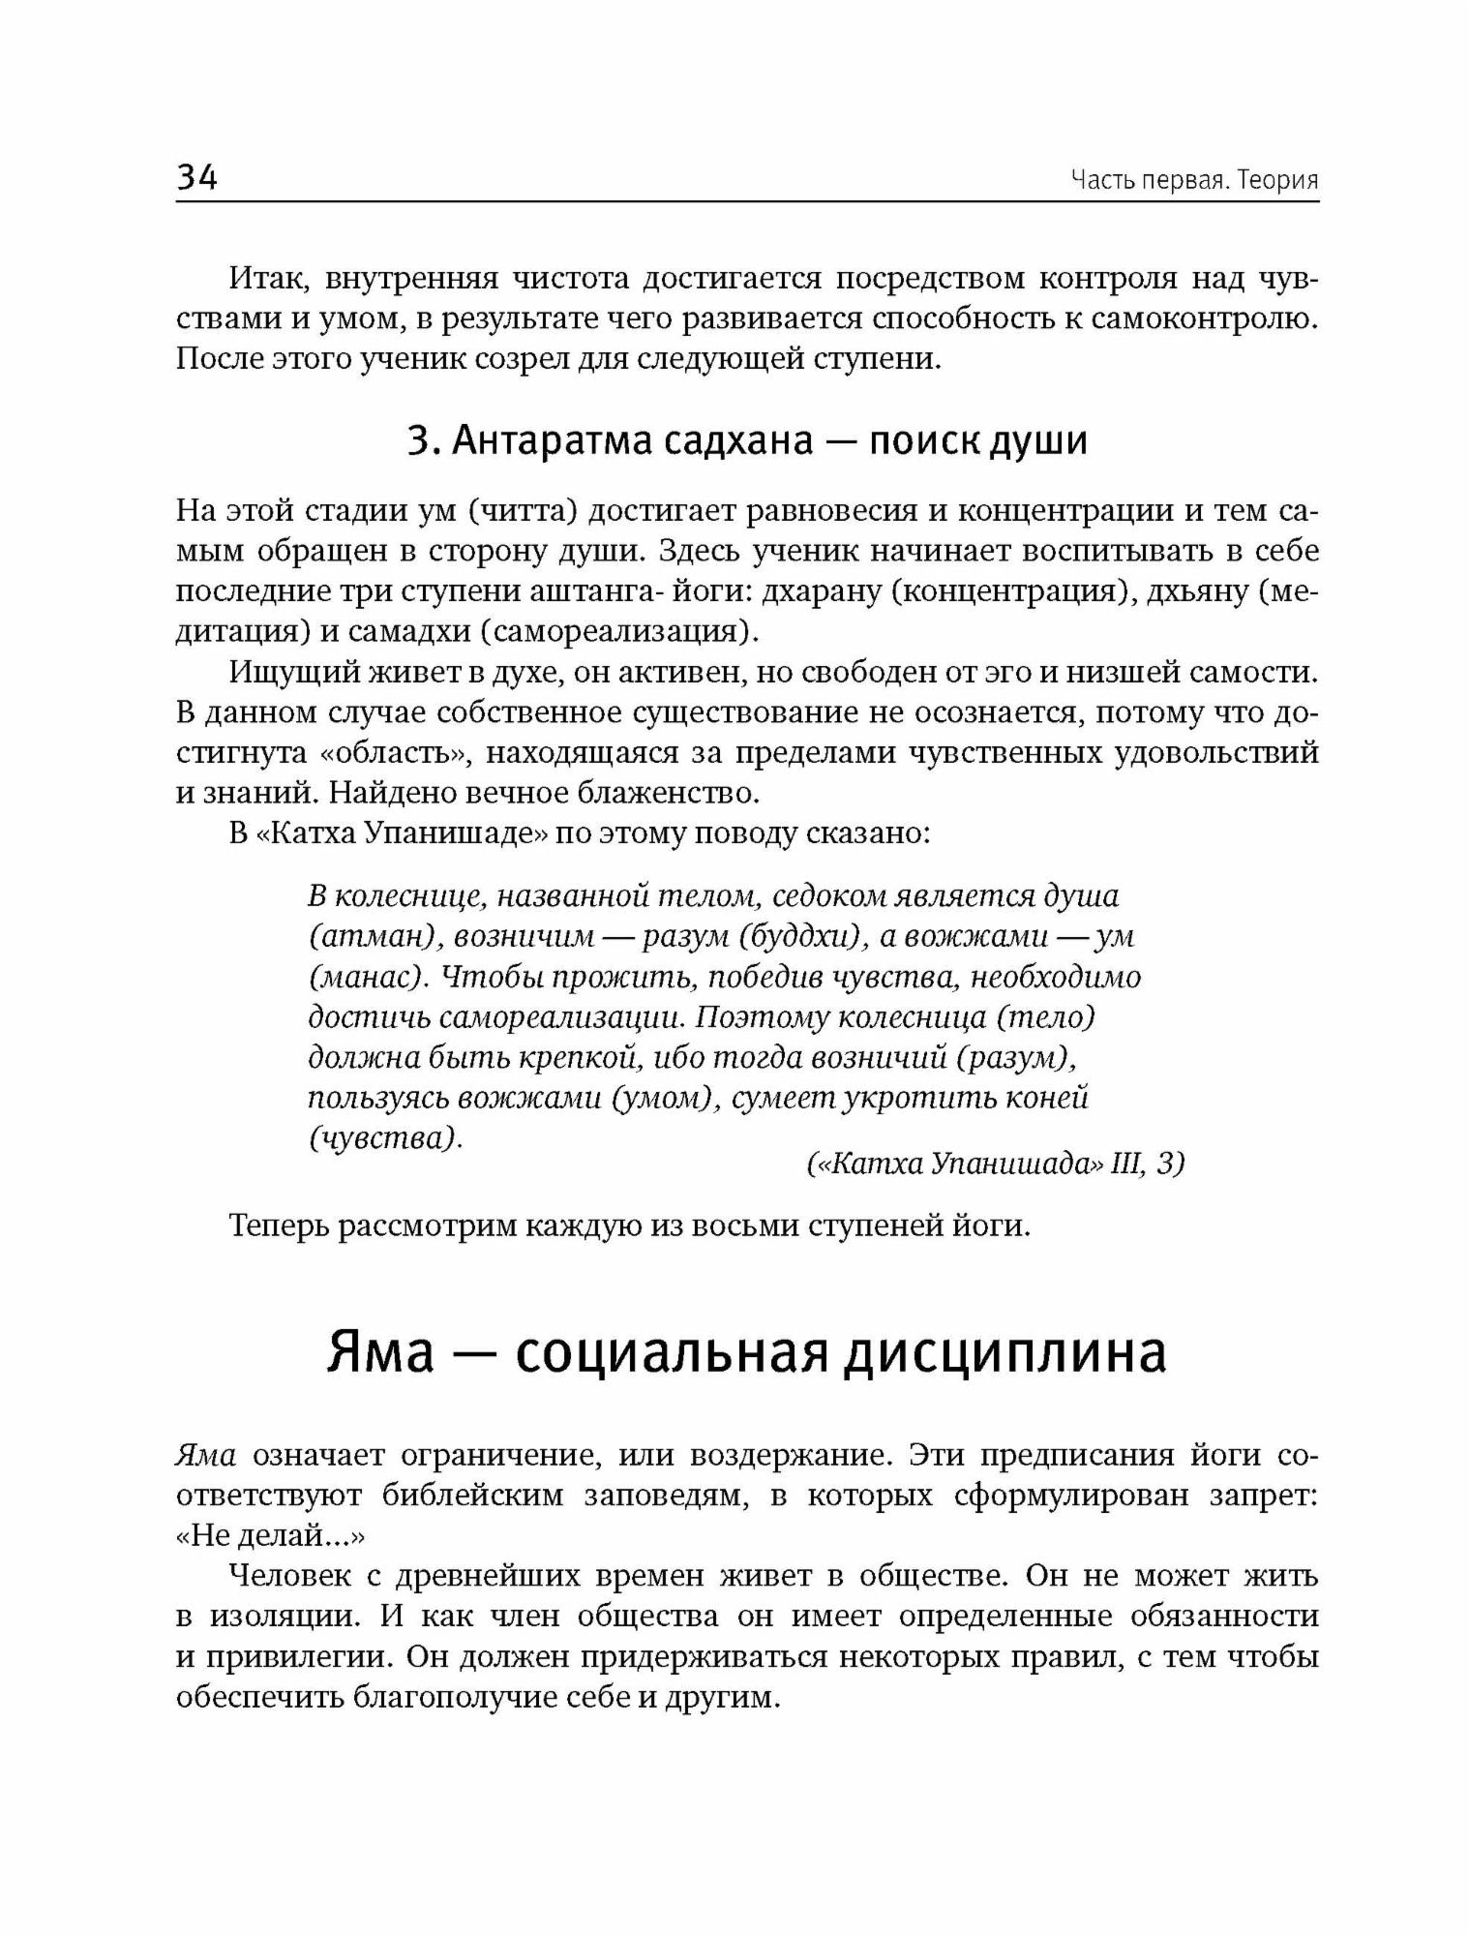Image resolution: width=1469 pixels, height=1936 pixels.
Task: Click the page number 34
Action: tap(197, 178)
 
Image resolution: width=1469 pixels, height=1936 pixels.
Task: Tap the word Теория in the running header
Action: tap(1277, 181)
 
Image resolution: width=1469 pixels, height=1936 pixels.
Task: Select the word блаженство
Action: tap(660, 794)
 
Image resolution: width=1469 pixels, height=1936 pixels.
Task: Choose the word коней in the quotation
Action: tap(1049, 1099)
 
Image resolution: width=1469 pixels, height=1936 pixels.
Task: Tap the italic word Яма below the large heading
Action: tap(206, 1456)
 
